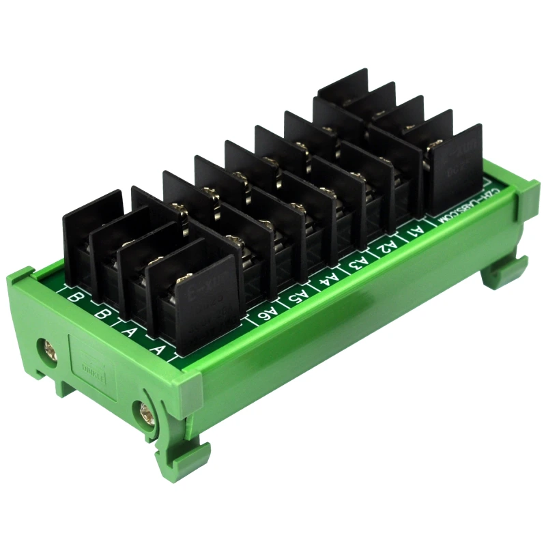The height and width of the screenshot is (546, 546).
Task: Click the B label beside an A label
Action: click(x=102, y=315)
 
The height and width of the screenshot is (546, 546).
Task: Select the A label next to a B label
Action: click(x=130, y=331)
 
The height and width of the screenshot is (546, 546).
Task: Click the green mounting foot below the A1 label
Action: click(x=501, y=274)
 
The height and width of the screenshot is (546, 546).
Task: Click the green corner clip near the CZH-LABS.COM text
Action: click(x=527, y=199)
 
